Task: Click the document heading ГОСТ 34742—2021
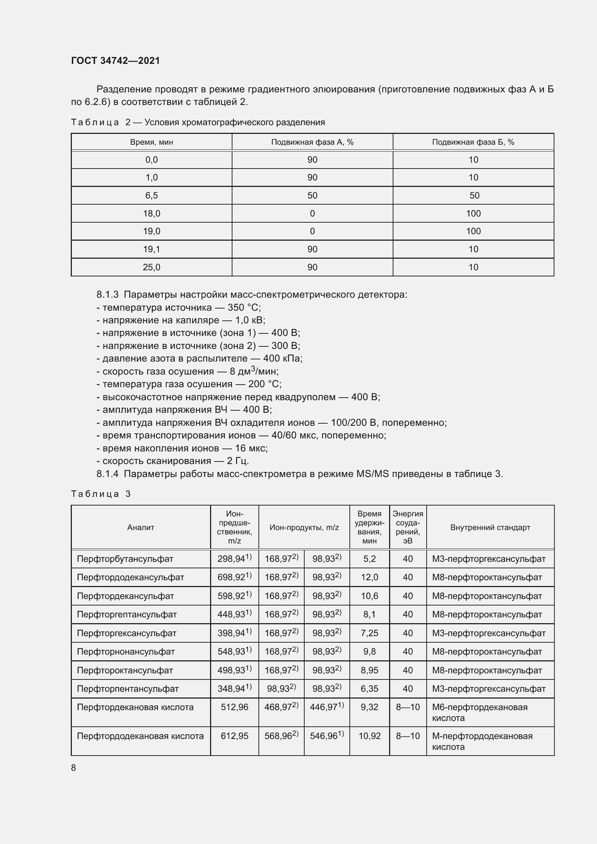(116, 61)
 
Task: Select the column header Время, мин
(152, 142)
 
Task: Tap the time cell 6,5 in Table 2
(152, 196)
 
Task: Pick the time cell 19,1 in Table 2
(152, 249)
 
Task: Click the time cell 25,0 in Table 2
(152, 267)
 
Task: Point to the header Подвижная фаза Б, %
(473, 142)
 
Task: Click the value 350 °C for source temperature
(244, 307)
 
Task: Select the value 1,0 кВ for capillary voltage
(250, 320)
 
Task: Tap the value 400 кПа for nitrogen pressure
(283, 358)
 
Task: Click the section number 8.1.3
(107, 294)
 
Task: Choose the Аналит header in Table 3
(141, 528)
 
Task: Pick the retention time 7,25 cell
(370, 633)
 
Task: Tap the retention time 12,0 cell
(370, 577)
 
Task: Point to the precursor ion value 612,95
(235, 736)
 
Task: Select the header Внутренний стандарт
(490, 528)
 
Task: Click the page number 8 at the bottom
(74, 768)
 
